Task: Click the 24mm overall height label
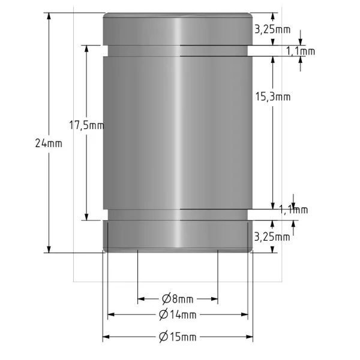click(x=49, y=143)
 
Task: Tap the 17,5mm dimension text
click(x=86, y=125)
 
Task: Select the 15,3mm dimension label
click(x=273, y=97)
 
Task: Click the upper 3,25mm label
click(x=272, y=29)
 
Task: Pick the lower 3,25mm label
click(x=272, y=237)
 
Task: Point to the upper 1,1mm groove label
click(x=301, y=51)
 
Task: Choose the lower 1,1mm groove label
click(x=293, y=209)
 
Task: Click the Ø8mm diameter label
click(x=178, y=299)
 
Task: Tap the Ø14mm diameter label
click(x=178, y=314)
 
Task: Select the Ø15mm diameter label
click(x=178, y=337)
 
